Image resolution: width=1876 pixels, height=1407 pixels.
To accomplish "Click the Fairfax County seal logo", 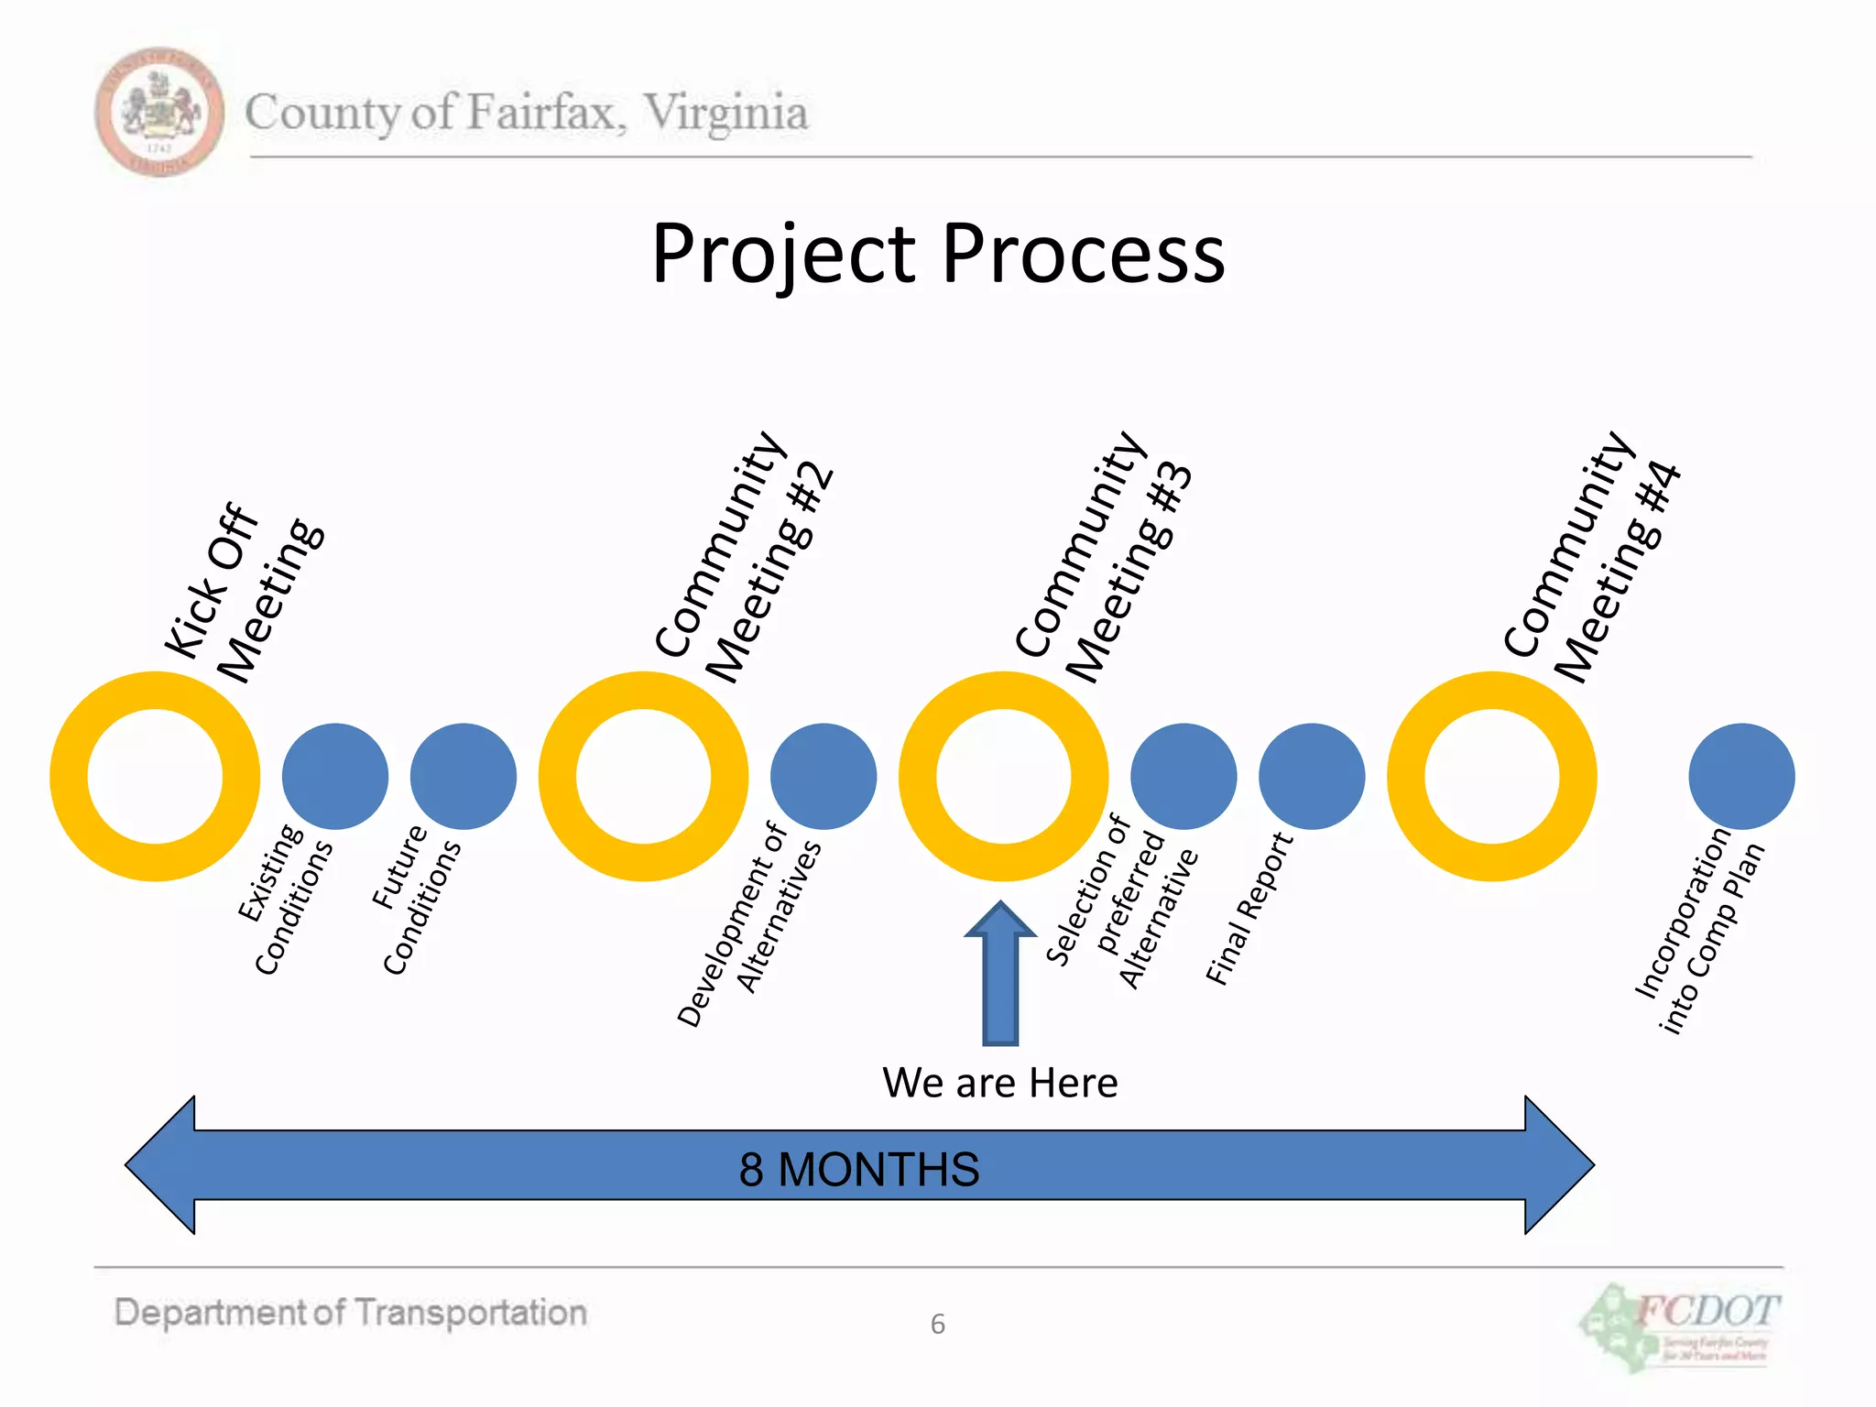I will point(159,112).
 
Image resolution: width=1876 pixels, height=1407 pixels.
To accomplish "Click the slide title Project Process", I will point(937,254).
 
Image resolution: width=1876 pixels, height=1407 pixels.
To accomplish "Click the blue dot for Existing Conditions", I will point(335,777).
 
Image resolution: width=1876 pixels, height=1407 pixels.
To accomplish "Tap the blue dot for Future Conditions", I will point(464,777).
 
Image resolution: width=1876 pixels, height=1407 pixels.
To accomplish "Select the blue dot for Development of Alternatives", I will point(823,777).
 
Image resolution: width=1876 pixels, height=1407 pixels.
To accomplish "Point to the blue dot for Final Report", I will point(1312,777).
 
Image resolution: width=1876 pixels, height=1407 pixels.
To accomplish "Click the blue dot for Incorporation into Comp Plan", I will point(1741,777).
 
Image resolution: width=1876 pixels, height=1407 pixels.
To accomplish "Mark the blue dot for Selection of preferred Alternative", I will point(1183,777).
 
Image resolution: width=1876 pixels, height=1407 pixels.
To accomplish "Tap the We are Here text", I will point(1000,1084).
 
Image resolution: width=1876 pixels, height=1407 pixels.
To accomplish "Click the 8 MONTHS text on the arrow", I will point(859,1170).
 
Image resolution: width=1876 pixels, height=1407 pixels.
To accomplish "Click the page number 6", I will point(937,1325).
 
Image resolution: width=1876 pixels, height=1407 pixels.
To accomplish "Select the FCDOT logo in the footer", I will point(1682,1326).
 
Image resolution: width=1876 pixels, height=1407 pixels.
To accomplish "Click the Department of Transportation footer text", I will point(351,1313).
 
